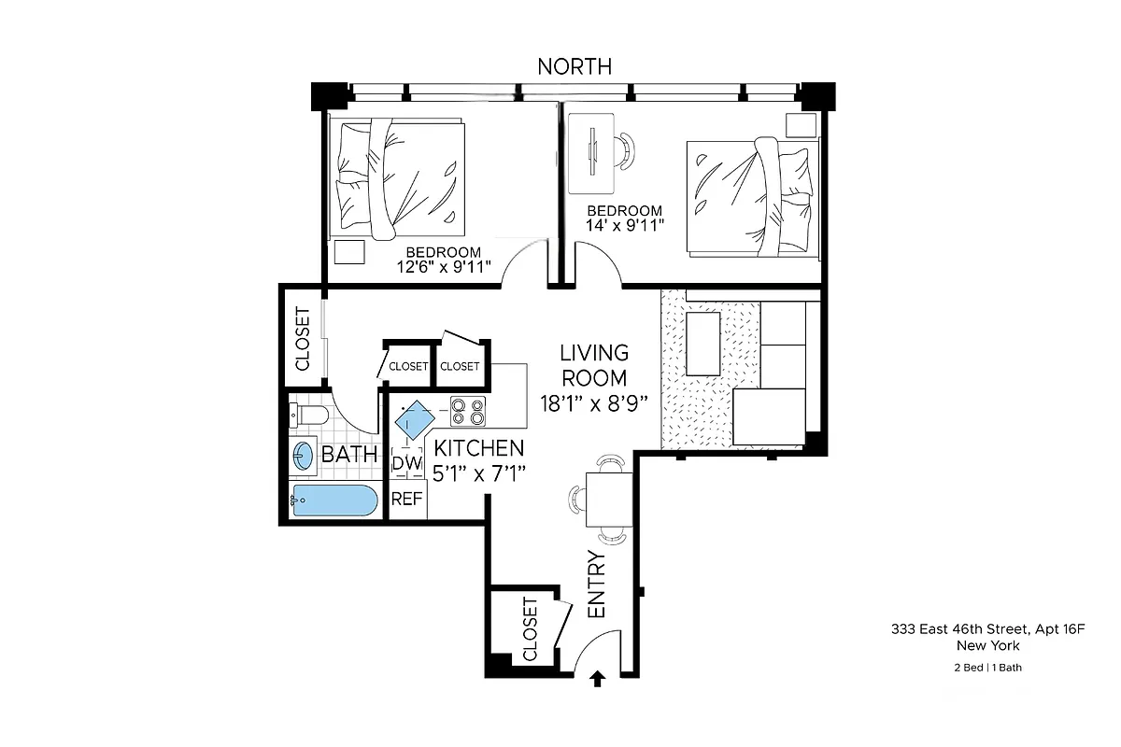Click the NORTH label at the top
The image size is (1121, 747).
(575, 66)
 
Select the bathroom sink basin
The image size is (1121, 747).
(304, 456)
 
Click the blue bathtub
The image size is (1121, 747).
(334, 500)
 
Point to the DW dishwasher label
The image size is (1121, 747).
(404, 463)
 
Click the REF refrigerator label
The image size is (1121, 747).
(406, 499)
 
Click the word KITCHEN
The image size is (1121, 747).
(479, 449)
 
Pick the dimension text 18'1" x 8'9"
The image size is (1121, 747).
(594, 402)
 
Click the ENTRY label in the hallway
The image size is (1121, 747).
(596, 585)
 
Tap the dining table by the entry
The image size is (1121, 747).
(609, 500)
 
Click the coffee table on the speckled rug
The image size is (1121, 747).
(703, 344)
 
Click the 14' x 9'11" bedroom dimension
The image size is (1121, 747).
(624, 226)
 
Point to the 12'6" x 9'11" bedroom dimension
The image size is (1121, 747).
(443, 266)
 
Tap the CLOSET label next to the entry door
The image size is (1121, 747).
(531, 628)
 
